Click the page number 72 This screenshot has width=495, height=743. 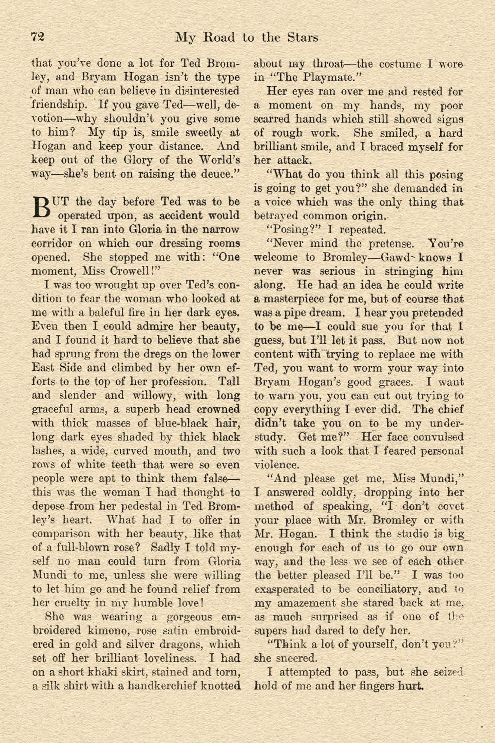click(x=38, y=38)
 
